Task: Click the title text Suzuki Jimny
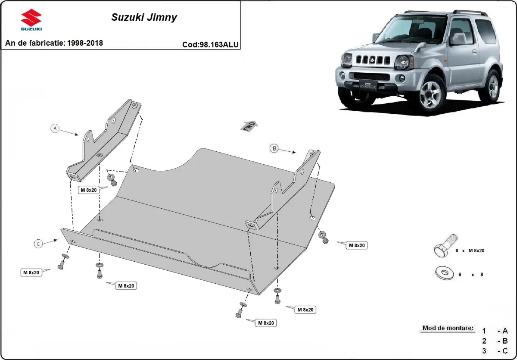coord(144,18)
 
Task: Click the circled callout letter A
coord(55,128)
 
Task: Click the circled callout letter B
coord(274,148)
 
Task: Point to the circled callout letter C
coord(38,244)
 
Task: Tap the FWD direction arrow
coord(249,126)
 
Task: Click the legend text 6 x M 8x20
coord(470,250)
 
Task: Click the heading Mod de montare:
coord(448,328)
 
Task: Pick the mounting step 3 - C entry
coord(495,351)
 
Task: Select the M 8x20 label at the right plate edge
coord(357,245)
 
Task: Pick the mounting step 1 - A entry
coord(495,331)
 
